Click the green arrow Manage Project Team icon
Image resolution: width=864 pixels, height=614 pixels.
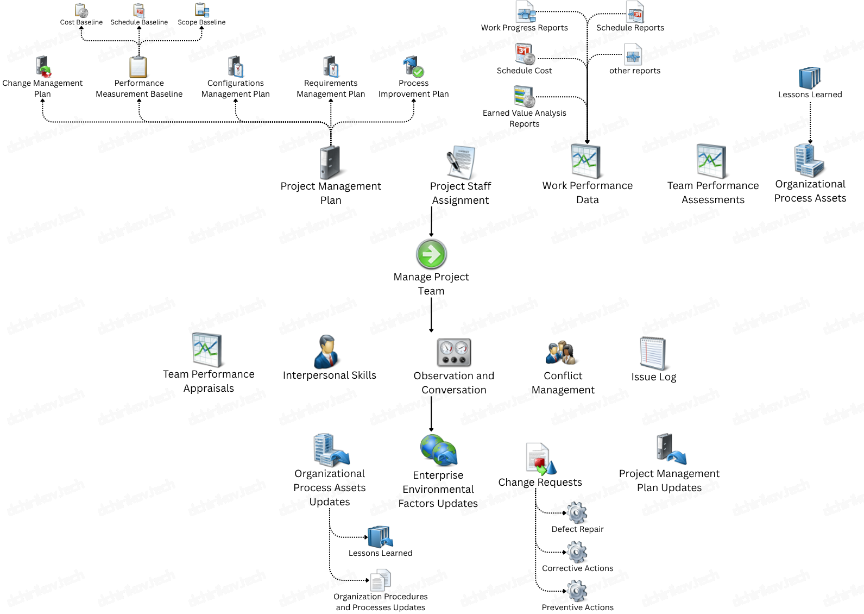[x=431, y=254]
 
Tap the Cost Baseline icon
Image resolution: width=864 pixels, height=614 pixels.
[x=81, y=10]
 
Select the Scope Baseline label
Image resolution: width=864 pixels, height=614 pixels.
[x=201, y=22]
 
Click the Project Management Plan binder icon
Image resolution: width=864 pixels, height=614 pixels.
[x=330, y=162]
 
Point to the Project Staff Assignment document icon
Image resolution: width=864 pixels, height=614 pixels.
[x=461, y=162]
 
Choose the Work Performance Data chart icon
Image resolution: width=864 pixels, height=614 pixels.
[x=586, y=161]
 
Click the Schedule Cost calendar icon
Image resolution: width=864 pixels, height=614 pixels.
[x=525, y=54]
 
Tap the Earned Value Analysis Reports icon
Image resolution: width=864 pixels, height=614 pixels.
[x=524, y=97]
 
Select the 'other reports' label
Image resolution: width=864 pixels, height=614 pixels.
[x=634, y=71]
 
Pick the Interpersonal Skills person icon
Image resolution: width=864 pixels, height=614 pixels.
[x=327, y=352]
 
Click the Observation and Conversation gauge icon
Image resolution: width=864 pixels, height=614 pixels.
[x=454, y=352]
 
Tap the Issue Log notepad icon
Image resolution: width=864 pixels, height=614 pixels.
[x=653, y=353]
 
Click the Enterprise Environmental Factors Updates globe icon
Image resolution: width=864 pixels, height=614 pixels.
[x=439, y=450]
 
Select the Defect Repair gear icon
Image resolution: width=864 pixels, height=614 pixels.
[x=577, y=512]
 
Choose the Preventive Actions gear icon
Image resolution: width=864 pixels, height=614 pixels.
[x=577, y=591]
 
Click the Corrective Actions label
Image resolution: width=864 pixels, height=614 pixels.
[x=577, y=568]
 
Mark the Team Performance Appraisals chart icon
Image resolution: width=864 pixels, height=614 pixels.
[x=207, y=350]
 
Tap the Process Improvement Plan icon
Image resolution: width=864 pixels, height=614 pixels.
[x=413, y=67]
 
